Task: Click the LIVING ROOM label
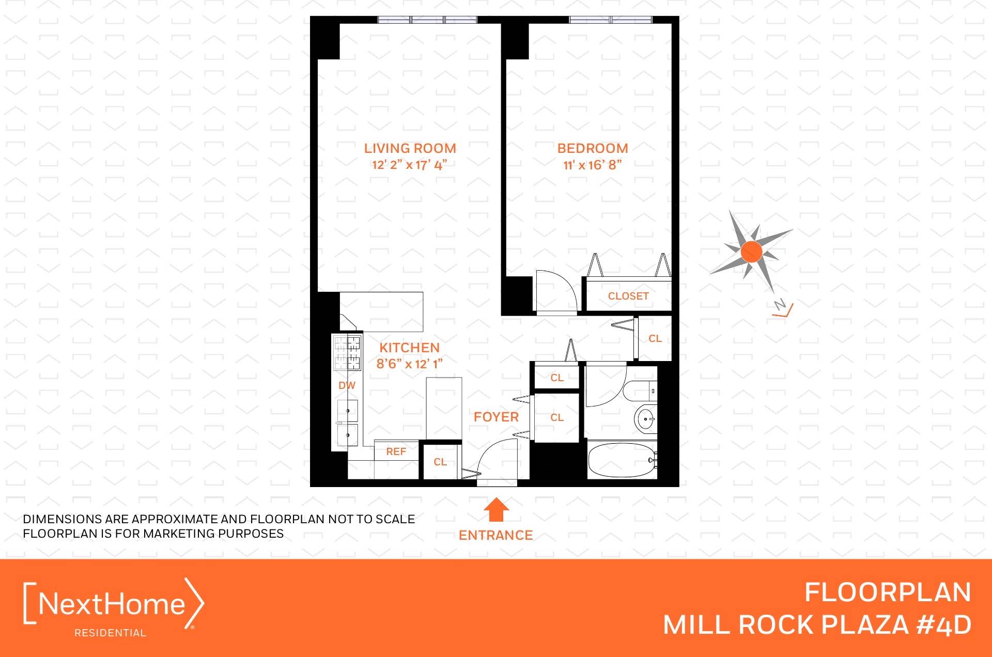410,148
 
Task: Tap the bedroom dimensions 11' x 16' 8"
592,165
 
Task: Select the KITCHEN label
409,348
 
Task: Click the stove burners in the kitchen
347,352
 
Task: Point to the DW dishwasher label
347,385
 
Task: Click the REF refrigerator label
396,451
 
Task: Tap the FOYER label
496,417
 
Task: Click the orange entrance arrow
496,509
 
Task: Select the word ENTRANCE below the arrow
495,535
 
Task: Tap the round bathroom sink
645,419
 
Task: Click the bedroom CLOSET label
628,296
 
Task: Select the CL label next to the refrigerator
440,462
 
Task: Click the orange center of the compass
751,252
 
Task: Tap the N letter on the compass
780,304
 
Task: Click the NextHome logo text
112,604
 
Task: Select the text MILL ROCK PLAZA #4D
817,625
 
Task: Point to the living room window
427,20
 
